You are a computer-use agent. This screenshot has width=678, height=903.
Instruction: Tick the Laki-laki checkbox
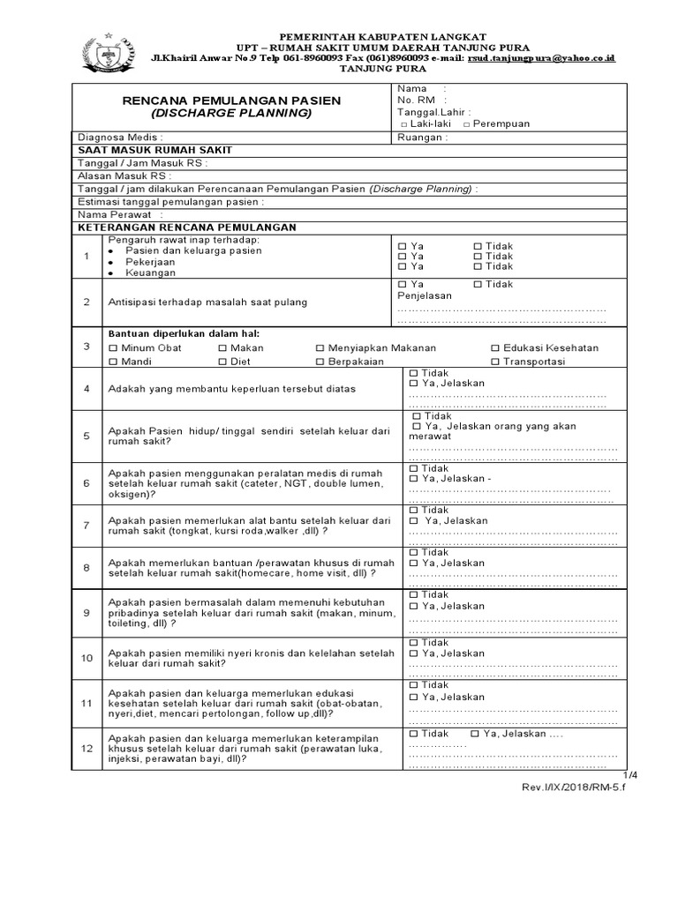pos(403,124)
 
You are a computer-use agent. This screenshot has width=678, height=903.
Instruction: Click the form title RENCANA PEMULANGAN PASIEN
pos(231,101)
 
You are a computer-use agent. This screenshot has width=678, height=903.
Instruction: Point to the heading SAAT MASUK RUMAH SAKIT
pos(154,151)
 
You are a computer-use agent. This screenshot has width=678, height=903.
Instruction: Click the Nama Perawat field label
pos(116,214)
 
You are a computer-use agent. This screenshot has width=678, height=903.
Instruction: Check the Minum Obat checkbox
pos(112,348)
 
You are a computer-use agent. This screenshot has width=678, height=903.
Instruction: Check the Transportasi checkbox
pos(495,362)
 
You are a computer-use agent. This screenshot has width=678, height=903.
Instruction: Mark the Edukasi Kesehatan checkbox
pos(495,348)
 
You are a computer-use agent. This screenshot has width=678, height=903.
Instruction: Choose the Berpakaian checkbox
pos(320,362)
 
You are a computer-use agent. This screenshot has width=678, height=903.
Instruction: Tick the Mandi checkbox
pos(112,362)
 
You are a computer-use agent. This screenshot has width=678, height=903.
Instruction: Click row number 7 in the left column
pos(87,526)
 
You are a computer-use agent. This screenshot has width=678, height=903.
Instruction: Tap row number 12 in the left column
pos(87,749)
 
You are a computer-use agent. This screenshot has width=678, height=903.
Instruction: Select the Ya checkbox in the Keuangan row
pos(403,266)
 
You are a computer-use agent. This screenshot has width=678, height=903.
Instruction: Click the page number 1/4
pos(629,774)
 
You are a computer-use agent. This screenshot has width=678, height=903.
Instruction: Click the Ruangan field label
pos(422,138)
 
